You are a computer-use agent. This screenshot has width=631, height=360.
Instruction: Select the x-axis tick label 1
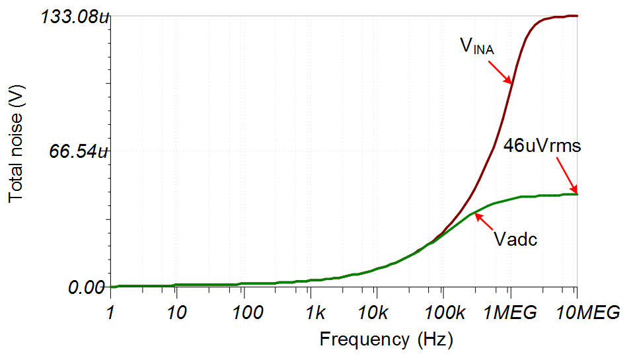point(110,312)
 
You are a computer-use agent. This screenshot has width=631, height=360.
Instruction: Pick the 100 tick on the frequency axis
point(244,312)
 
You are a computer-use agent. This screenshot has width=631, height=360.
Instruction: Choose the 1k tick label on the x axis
point(311,312)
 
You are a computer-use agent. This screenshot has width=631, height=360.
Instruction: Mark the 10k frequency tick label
point(376,312)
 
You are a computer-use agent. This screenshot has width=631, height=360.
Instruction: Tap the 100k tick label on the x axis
point(442,312)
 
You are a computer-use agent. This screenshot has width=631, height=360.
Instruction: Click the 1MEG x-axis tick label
point(509,312)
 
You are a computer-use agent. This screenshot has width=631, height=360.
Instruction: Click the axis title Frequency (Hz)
point(386,340)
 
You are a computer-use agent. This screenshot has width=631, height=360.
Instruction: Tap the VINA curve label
point(477,46)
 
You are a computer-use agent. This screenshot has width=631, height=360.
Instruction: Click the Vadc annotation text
point(515,239)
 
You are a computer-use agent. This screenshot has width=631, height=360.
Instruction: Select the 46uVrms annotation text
point(542,146)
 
